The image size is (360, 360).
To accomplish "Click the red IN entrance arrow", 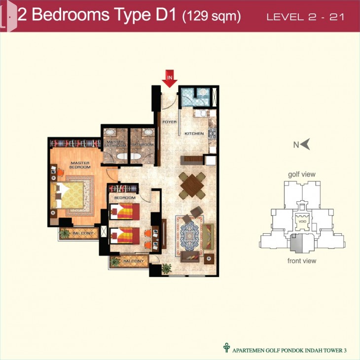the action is (x=170, y=79).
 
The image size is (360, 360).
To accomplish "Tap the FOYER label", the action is (x=170, y=122).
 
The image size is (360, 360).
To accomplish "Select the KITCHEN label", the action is (x=194, y=133).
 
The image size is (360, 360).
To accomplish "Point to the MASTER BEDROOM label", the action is (x=80, y=165).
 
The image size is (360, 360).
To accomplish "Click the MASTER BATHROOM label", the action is (x=115, y=144).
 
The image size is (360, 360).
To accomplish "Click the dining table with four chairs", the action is (x=192, y=185).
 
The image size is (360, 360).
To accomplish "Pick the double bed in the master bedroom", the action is (x=67, y=195).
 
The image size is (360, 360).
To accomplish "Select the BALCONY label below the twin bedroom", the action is (x=134, y=261).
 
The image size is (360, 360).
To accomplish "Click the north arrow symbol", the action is (x=305, y=144).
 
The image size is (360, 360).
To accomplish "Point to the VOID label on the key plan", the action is (x=302, y=221).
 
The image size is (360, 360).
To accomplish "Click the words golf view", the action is (x=302, y=175).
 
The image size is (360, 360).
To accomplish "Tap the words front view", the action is (x=302, y=261).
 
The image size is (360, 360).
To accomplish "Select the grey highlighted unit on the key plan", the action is (x=296, y=243).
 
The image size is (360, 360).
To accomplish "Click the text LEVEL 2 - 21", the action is (x=305, y=17).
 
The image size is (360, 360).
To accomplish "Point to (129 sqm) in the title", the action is (x=212, y=17).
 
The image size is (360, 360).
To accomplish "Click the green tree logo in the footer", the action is (x=226, y=348).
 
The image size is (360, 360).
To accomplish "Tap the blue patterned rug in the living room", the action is (x=189, y=236).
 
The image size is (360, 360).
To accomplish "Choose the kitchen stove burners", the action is (x=212, y=134).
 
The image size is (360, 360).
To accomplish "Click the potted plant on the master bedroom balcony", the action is (x=65, y=233).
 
